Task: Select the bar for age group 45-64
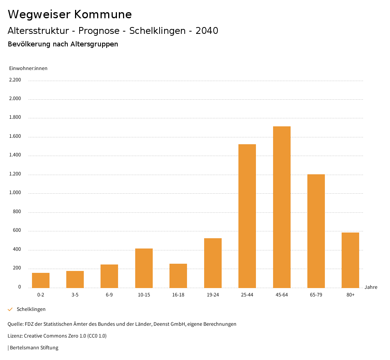point(281,207)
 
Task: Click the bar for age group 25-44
point(247,216)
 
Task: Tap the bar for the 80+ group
point(350,260)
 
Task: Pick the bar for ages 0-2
point(41,280)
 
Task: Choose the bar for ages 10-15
point(144,268)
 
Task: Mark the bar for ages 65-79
point(316,231)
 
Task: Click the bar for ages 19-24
point(213,263)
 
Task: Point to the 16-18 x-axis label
point(178,295)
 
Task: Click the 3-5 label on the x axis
point(75,295)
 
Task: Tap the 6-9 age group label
point(109,295)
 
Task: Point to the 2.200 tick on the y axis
point(15,80)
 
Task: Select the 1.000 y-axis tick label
point(15,193)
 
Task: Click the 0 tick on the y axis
point(19,287)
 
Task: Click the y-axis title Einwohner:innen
point(28,68)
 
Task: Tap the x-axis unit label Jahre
point(371,287)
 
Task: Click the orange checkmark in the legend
point(10,309)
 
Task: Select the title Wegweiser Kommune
point(70,14)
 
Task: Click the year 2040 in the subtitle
point(207,31)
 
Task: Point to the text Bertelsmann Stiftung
point(34,347)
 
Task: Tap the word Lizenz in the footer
point(15,336)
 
